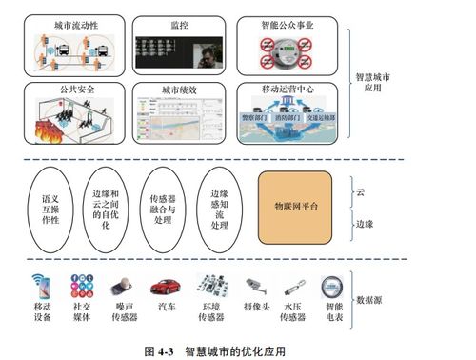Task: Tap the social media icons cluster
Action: pos(80,285)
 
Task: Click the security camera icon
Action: pos(252,285)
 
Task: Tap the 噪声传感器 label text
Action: pos(121,314)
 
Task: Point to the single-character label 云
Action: pos(360,191)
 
